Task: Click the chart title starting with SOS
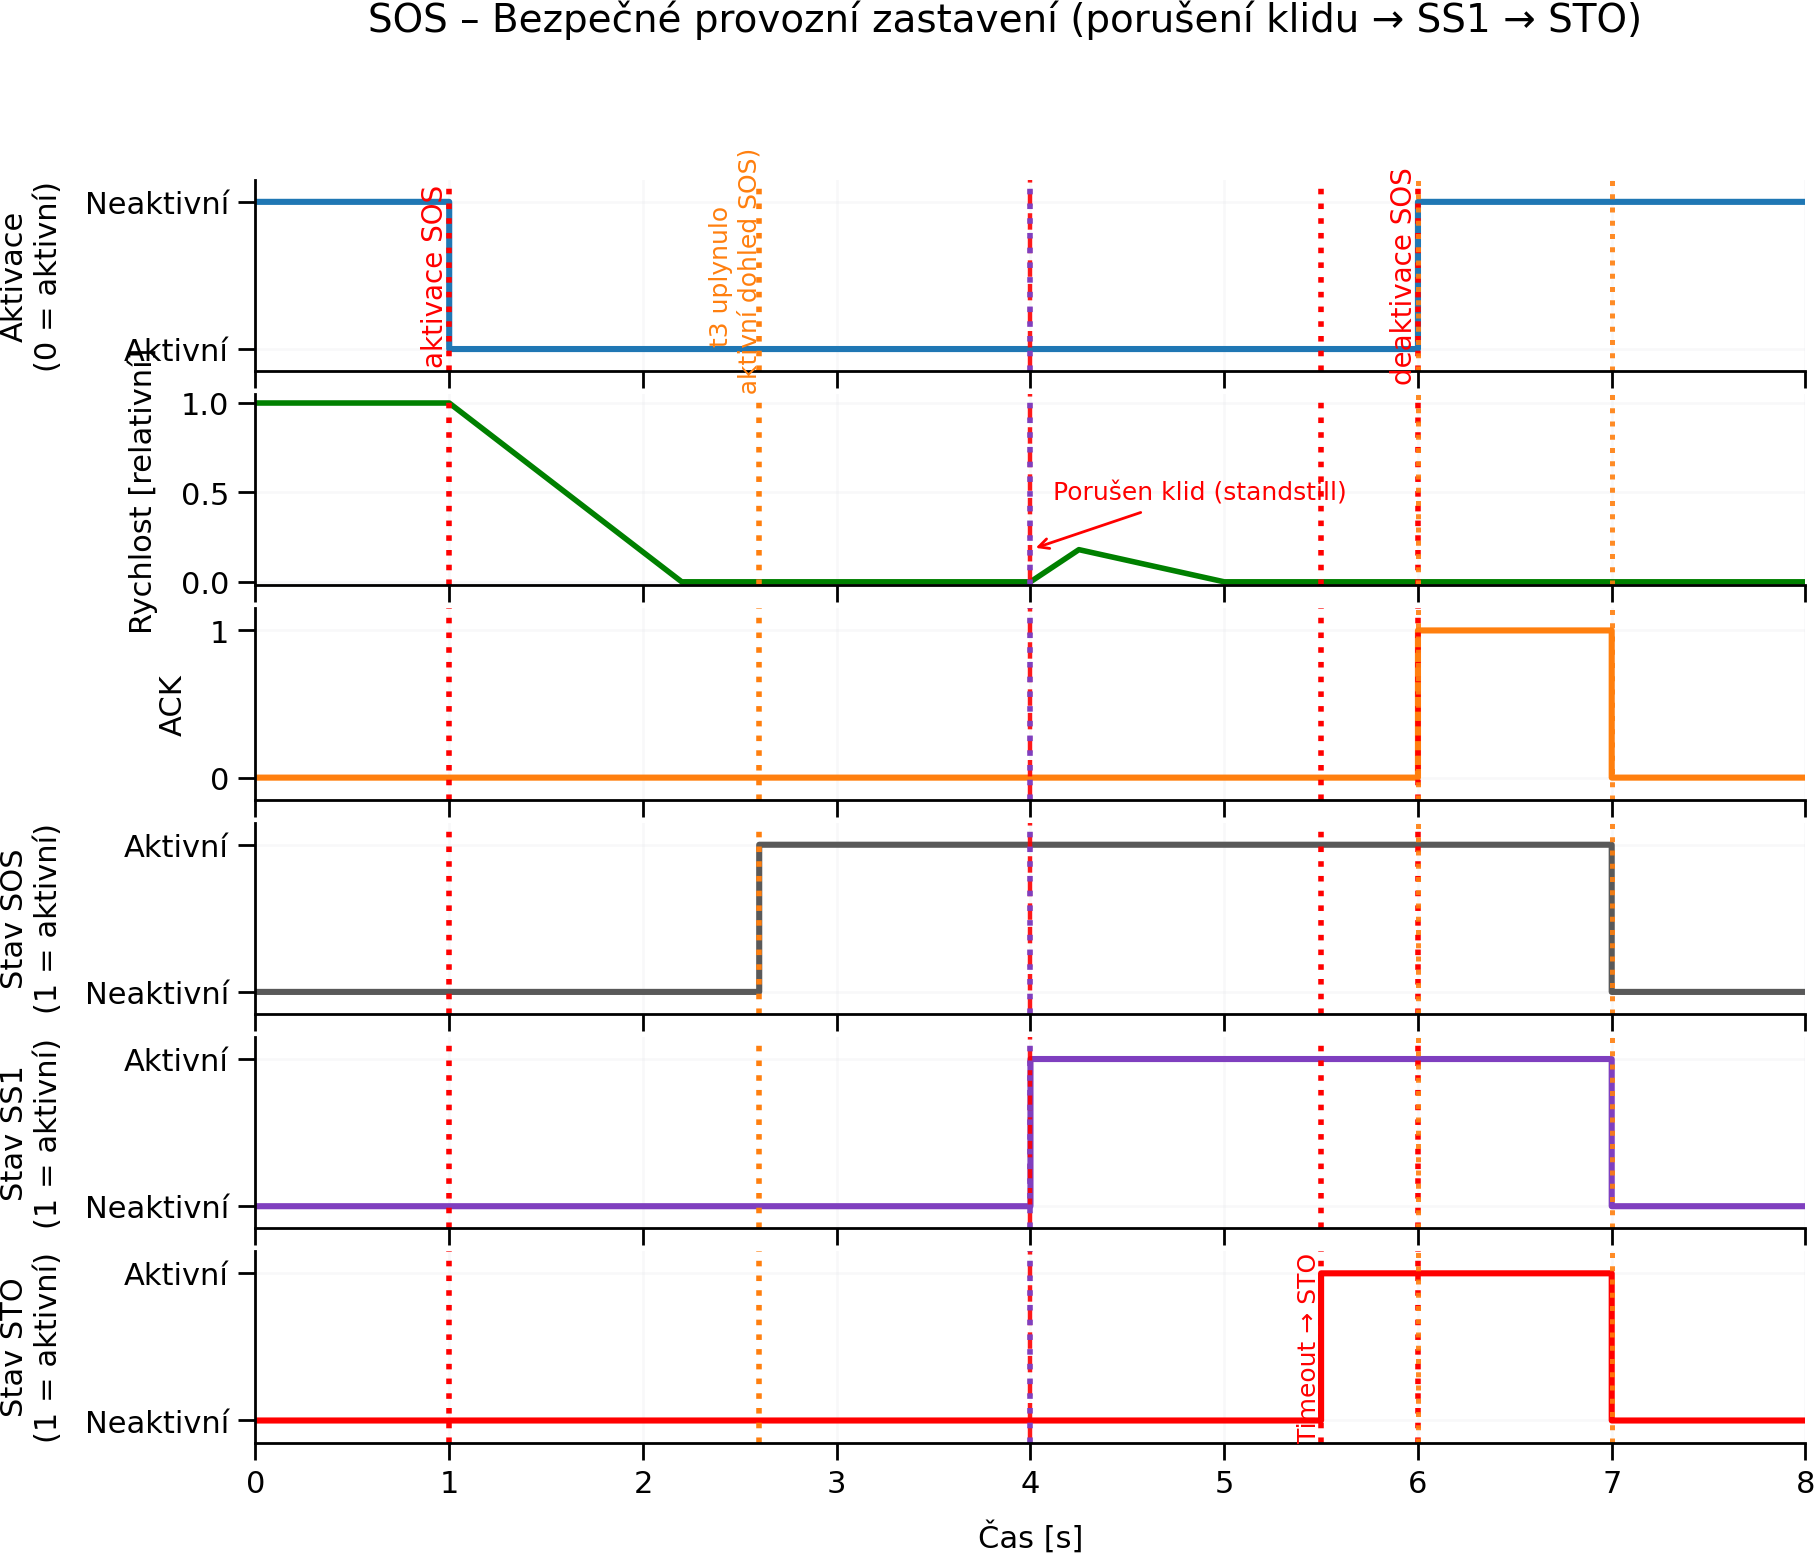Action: click(1004, 20)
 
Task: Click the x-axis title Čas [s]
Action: click(1030, 1536)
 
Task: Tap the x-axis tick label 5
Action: click(1224, 1482)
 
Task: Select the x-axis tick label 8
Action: click(1804, 1482)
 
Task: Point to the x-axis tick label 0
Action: click(256, 1482)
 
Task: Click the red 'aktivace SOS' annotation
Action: click(432, 278)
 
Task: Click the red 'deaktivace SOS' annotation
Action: click(1402, 277)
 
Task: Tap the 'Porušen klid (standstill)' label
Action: click(1199, 492)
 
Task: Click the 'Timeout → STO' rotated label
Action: click(1307, 1349)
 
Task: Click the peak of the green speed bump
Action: click(1078, 550)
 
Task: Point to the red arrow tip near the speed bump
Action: click(1038, 546)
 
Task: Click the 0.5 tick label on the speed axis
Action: click(205, 494)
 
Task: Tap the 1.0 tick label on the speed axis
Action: click(205, 404)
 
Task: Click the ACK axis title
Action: click(171, 705)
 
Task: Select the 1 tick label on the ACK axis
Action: click(219, 631)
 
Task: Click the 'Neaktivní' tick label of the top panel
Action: click(157, 204)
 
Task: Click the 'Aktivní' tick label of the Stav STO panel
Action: click(176, 1275)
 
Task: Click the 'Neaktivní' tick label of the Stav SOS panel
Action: click(157, 994)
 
